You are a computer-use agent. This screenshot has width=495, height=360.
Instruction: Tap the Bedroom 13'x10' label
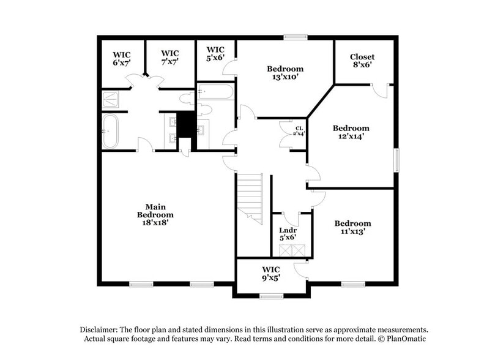[x=285, y=73]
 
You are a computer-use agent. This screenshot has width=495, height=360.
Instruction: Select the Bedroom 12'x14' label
[x=351, y=132]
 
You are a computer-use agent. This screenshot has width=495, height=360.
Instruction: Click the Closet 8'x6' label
[x=362, y=60]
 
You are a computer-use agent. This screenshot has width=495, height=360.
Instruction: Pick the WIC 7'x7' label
[x=169, y=58]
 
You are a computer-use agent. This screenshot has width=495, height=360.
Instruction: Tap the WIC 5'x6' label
[x=216, y=54]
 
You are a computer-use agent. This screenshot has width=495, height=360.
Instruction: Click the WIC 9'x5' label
[x=270, y=273]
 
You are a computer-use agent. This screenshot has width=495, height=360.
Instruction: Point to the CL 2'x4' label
[x=299, y=131]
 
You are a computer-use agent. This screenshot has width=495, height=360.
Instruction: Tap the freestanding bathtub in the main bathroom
[x=110, y=131]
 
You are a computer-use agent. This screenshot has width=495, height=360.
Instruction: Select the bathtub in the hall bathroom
[x=215, y=93]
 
